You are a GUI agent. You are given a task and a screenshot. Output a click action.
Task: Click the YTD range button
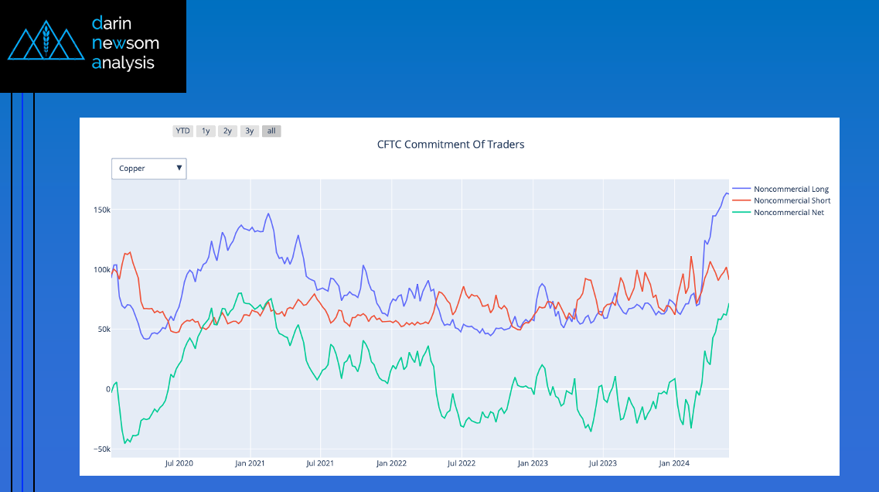[182, 132]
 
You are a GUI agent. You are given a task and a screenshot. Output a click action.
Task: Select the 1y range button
[206, 132]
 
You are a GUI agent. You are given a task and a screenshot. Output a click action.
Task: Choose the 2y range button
[227, 132]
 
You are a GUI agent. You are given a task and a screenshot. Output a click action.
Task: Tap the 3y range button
[250, 132]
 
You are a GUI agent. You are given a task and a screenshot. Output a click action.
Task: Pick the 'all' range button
[271, 132]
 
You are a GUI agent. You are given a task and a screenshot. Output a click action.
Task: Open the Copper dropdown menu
[149, 168]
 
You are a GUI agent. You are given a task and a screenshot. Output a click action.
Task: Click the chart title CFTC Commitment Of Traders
[451, 144]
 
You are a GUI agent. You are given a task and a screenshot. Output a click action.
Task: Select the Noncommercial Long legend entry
[790, 190]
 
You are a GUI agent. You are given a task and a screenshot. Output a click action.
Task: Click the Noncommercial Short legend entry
[791, 201]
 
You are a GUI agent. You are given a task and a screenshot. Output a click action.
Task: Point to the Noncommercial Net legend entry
[788, 213]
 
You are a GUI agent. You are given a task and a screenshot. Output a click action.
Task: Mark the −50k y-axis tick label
[101, 449]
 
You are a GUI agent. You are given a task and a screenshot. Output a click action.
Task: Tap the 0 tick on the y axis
[108, 389]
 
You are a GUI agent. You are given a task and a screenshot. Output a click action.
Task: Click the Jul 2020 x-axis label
[179, 463]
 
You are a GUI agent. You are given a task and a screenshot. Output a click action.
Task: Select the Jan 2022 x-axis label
[391, 463]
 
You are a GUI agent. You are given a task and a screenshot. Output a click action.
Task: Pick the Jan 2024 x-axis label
[674, 463]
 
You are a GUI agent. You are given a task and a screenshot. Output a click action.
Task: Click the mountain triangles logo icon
[46, 45]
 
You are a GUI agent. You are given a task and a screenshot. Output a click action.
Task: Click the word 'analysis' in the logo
[123, 63]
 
